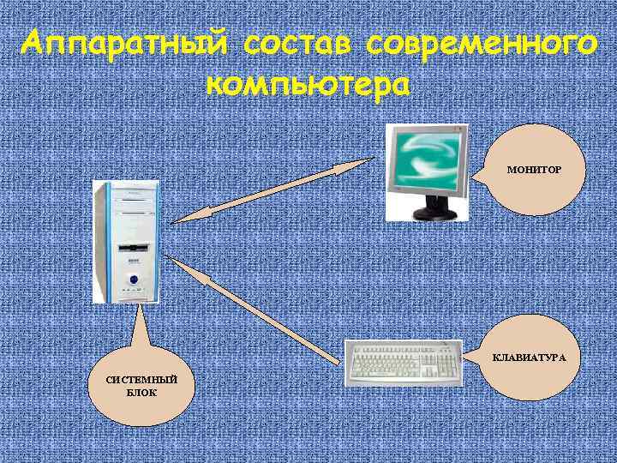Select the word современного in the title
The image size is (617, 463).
481,43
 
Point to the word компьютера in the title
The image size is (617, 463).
308,86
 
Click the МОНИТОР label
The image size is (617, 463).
534,171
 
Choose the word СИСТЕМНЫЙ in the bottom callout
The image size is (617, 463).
141,379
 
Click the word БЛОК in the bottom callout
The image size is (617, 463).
141,392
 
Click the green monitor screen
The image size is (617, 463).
427,159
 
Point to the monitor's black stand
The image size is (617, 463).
434,209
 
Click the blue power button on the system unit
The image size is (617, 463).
133,279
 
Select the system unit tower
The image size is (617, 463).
127,240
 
